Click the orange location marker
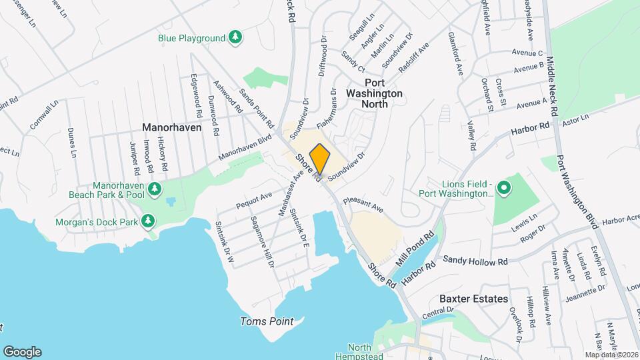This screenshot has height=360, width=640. point(320,159)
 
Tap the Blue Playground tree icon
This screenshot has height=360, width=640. point(235,38)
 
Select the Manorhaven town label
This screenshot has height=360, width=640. point(172,127)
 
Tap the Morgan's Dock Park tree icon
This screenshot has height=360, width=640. point(147,221)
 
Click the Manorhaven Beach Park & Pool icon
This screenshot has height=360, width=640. point(154,189)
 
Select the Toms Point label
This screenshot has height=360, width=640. point(267,321)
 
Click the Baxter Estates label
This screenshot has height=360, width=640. point(474,299)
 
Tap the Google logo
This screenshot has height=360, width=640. point(22,351)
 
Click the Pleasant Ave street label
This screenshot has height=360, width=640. point(364,204)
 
